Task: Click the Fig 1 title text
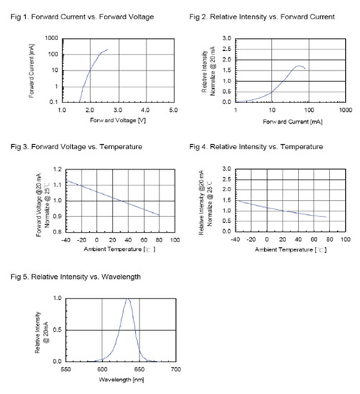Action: pos(82,17)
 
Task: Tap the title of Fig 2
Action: pos(262,17)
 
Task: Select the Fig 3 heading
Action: pos(76,147)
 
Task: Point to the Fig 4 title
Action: pos(256,147)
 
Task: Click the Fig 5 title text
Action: pos(75,277)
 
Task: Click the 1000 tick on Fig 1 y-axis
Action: pos(52,38)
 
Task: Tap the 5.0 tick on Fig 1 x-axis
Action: pos(173,110)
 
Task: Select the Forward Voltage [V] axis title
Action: pos(118,120)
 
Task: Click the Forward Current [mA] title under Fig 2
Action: pos(293,122)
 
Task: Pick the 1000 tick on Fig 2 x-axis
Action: pos(346,110)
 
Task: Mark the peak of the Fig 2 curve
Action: pos(298,66)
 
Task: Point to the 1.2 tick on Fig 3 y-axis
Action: pos(57,169)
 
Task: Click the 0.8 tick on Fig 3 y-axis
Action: pos(57,231)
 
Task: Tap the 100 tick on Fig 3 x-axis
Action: pos(175,240)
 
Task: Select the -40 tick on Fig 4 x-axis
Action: pos(235,239)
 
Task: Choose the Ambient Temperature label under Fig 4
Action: pos(284,250)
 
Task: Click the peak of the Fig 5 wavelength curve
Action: pos(128,299)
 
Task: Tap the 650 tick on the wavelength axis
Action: pos(139,370)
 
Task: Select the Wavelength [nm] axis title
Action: pos(121,380)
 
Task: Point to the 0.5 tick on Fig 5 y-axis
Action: pos(57,330)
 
